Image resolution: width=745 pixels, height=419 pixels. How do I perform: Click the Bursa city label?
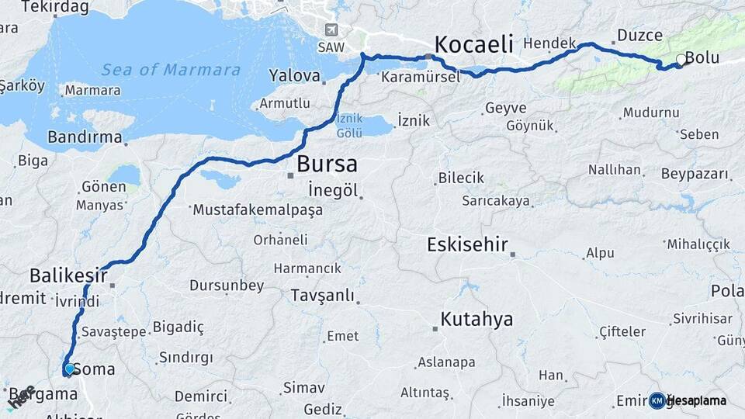click(327, 164)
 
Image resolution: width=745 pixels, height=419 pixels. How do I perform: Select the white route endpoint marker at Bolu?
click(681, 59)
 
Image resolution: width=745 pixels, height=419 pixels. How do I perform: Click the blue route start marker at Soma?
click(69, 369)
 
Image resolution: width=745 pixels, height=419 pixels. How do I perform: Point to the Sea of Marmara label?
click(171, 70)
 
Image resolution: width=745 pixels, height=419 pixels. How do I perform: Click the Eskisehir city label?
click(467, 245)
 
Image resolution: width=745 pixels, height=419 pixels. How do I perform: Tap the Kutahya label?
click(476, 319)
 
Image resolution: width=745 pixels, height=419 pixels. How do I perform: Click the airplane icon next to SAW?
click(332, 30)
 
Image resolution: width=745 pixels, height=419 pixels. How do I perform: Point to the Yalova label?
click(295, 76)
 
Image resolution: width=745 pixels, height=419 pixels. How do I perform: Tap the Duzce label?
click(639, 35)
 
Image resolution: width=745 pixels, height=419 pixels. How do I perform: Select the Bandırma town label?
click(85, 138)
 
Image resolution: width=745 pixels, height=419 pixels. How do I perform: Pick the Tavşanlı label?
click(322, 295)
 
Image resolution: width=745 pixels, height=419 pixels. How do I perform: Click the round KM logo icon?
click(657, 400)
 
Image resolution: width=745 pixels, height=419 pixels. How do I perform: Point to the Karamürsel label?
click(421, 76)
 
